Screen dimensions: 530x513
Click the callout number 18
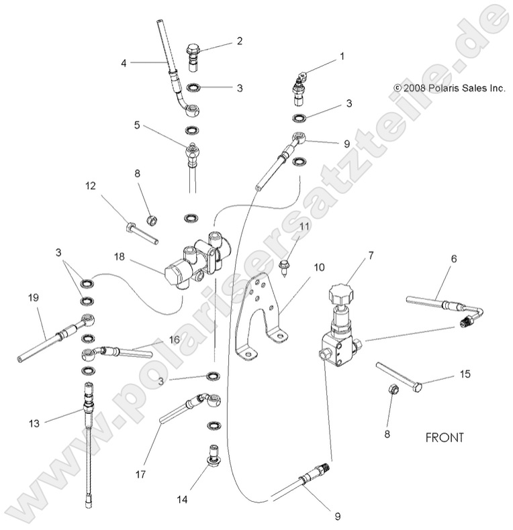click(119, 257)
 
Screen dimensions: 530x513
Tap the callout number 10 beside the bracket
click(300, 267)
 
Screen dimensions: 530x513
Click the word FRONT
click(445, 437)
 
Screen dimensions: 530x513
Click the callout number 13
click(34, 423)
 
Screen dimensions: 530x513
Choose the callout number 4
click(124, 63)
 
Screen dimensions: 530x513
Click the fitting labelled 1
click(298, 89)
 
